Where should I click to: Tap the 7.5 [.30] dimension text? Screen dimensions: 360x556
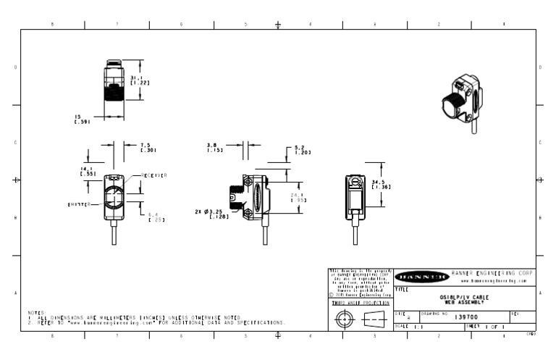coord(147,147)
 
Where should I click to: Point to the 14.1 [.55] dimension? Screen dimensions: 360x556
coord(88,172)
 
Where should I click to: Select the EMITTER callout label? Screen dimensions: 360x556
coord(79,205)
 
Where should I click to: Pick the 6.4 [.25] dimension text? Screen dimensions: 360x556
coord(156,217)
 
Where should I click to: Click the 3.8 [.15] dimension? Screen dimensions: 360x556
coord(214,147)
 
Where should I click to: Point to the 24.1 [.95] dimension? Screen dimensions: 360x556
coord(298,197)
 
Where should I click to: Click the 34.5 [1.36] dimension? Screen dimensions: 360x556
coord(381,184)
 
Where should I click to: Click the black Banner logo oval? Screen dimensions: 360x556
coord(421,276)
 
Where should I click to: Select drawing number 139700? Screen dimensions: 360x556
coord(466,317)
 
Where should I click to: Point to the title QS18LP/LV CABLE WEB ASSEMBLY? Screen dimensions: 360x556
coord(464,299)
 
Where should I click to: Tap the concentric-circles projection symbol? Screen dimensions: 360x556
coord(345,319)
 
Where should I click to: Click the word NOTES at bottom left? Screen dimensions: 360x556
coord(37,313)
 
